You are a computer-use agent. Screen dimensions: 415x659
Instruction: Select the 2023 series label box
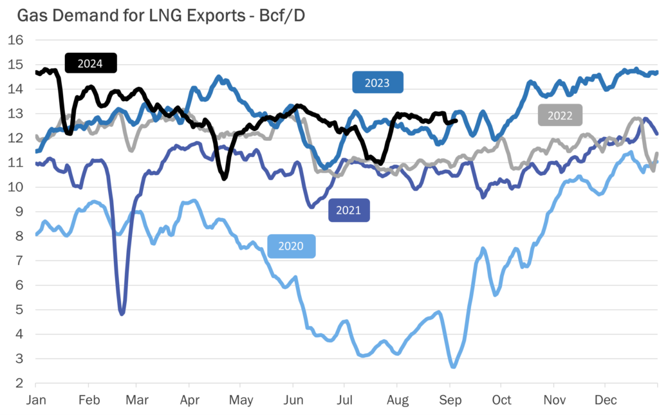pos(377,82)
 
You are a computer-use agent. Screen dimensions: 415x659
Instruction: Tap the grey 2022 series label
pos(560,116)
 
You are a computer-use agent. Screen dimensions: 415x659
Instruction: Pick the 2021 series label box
pos(349,210)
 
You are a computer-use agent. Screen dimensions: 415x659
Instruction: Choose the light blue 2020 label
pos(291,246)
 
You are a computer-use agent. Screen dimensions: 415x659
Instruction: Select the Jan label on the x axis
pos(35,400)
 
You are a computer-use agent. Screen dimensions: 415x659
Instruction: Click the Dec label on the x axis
pos(605,400)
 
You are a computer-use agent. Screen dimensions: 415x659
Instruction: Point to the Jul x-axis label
pos(345,400)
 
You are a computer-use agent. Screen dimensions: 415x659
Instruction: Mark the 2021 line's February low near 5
pos(122,313)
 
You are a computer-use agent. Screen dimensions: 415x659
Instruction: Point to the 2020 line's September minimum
pos(453,367)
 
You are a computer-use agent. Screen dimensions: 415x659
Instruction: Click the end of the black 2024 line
pos(456,120)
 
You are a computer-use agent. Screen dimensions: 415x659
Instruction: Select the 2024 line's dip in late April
pos(224,178)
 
